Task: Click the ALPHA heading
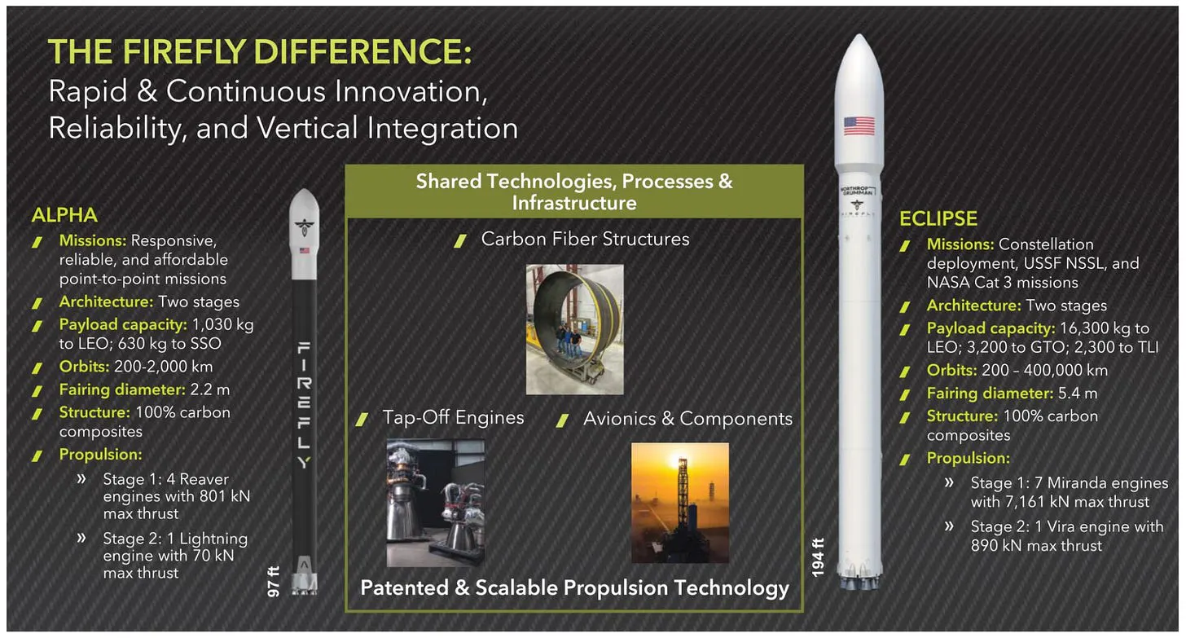[x=64, y=215]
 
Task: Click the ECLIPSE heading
[x=938, y=218]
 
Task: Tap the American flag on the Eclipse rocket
[x=859, y=126]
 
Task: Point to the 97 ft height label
[x=273, y=581]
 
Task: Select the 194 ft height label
[x=818, y=557]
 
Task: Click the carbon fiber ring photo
[x=574, y=329]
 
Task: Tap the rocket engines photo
[x=435, y=503]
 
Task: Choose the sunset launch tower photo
[x=680, y=503]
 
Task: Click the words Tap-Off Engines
[x=453, y=417]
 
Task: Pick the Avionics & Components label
[x=687, y=418]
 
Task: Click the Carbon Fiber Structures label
[x=585, y=239]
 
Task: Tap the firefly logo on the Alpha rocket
[x=304, y=227]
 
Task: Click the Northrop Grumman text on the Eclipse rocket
[x=858, y=191]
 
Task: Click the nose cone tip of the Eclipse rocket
[x=859, y=35]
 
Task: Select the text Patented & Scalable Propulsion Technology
[x=574, y=587]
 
